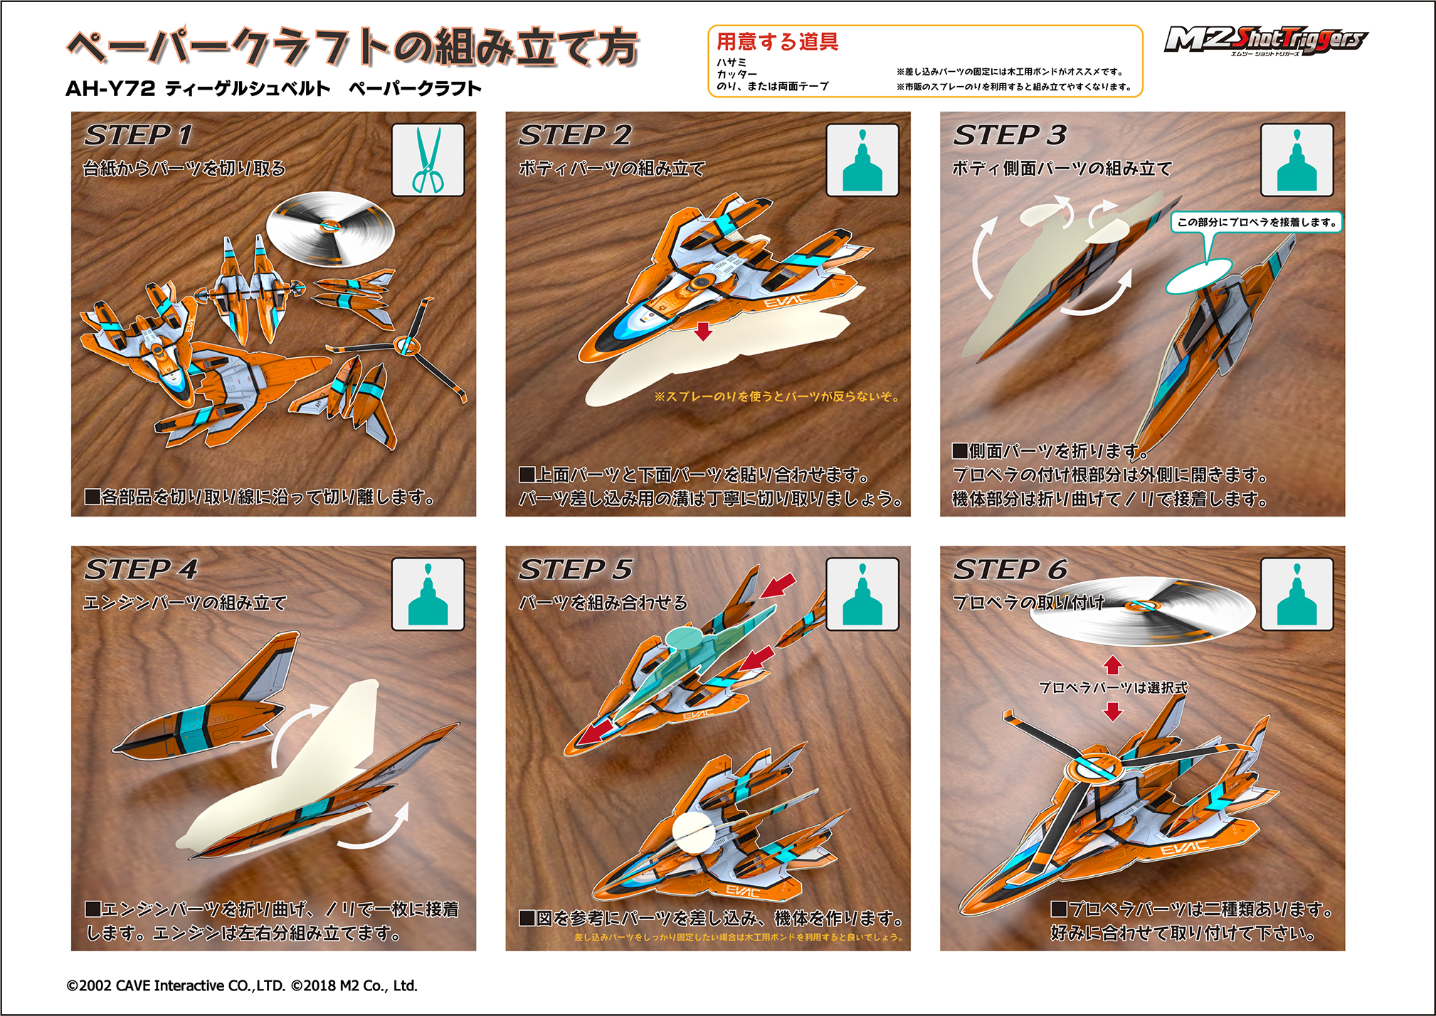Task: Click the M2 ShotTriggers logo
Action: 1265,40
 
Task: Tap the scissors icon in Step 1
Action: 428,160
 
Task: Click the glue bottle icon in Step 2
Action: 862,160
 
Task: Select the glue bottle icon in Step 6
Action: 1297,595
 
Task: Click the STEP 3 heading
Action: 1009,135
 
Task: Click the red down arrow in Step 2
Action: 703,331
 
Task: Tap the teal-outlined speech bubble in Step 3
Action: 1256,222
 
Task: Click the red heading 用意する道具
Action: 777,42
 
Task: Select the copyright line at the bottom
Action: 242,985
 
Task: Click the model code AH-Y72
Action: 110,89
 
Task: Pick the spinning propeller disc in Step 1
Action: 329,228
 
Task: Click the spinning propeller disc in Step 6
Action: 1141,610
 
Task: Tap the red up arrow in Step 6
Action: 1113,665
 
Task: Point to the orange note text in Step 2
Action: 776,396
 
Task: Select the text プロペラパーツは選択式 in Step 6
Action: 1113,687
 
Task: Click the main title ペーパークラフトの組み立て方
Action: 353,48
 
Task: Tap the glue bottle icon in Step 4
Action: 428,595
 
